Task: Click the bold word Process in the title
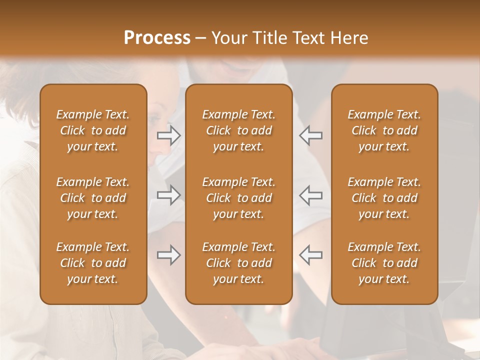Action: tap(157, 37)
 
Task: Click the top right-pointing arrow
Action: tap(169, 135)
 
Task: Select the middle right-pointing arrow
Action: tap(169, 194)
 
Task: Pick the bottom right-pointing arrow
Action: tap(169, 255)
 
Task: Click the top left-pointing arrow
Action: tap(310, 135)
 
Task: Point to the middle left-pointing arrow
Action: tap(310, 194)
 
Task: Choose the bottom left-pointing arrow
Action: tap(310, 255)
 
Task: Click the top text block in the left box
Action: tap(93, 130)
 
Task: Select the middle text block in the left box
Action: tap(93, 198)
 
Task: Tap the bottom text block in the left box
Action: tap(93, 263)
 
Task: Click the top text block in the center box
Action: tap(239, 130)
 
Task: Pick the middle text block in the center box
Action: tap(239, 198)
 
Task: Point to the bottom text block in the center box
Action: tap(239, 263)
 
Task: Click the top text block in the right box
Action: tap(384, 130)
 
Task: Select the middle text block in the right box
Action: tap(384, 198)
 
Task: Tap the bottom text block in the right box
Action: tap(384, 263)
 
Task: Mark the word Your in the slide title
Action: tap(228, 37)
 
